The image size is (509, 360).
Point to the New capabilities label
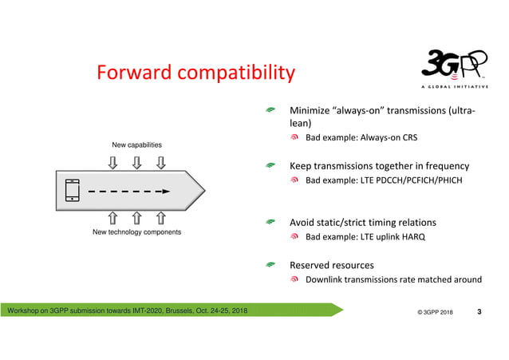136,145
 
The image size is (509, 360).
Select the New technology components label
136,232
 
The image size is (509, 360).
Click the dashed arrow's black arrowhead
164,192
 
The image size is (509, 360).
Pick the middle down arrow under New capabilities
136,163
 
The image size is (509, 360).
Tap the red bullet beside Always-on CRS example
295,138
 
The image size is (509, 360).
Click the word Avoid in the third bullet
303,222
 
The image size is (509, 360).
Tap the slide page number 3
479,311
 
